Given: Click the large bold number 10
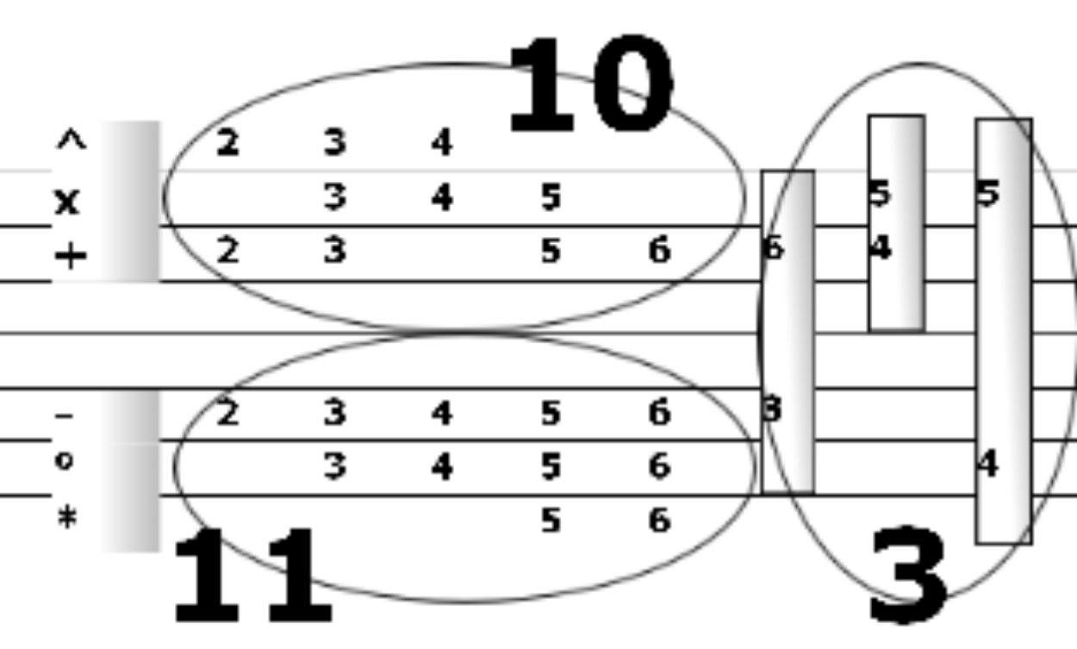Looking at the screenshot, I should coord(589,86).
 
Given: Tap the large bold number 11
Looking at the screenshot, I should coord(252,578).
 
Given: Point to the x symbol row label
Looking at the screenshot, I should coord(66,201).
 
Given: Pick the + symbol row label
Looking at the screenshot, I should coord(71,256).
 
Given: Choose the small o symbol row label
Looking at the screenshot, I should coord(65,461).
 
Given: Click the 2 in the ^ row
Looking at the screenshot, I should coord(227,143).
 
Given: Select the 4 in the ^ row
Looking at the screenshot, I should coord(442,143).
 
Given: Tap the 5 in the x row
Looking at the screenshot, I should coord(551,198).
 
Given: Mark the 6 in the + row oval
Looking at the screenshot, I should coord(658,252).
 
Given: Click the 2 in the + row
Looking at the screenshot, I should coord(227,252).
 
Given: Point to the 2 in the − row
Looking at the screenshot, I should coord(227,414).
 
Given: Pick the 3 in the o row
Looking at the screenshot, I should coord(335,467).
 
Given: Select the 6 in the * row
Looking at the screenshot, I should coord(658,521).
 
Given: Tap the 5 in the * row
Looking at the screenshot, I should coord(551,521).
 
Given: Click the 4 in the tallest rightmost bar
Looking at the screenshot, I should coord(987,465).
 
